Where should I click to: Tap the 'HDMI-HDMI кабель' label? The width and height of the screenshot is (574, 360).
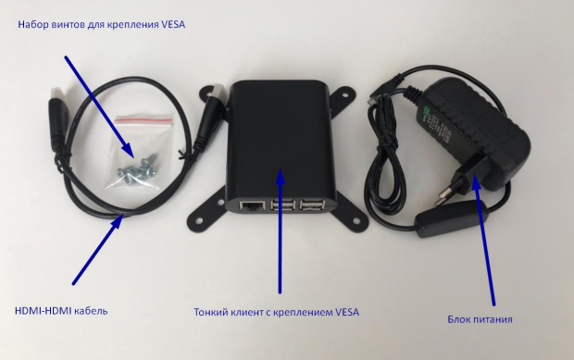(x=62, y=310)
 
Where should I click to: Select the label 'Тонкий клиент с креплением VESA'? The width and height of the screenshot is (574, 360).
(x=276, y=312)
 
